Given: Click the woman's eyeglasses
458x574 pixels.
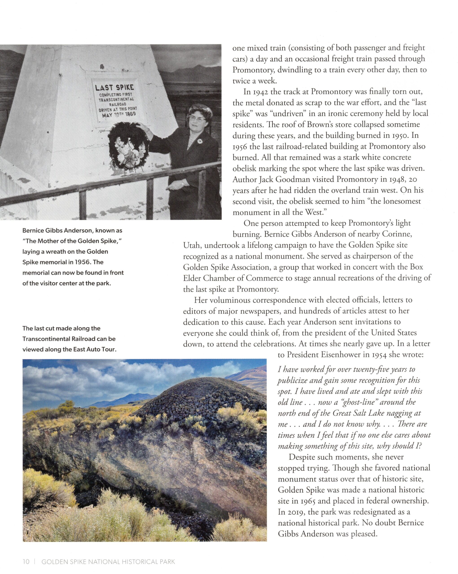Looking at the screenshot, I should coord(197,119).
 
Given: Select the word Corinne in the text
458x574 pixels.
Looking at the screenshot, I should coord(397,234).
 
